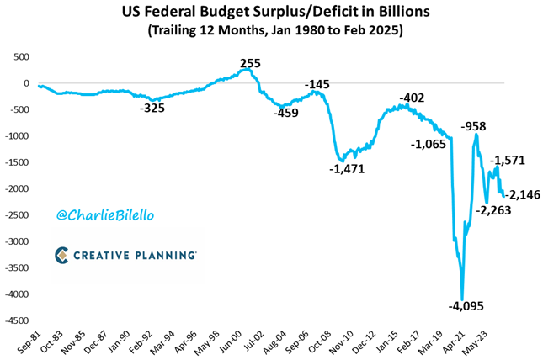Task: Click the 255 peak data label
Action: (x=250, y=63)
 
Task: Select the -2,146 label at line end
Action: (x=523, y=195)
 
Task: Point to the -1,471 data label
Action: (x=347, y=169)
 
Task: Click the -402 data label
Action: (x=413, y=98)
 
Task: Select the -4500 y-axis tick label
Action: (x=15, y=320)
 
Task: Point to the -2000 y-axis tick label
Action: (x=15, y=188)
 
